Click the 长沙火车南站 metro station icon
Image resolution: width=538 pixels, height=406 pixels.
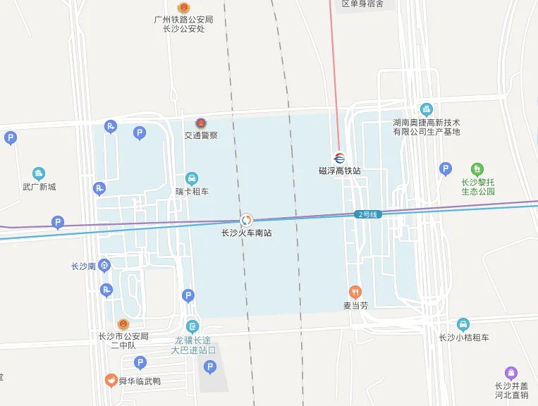pyautogui.click(x=246, y=220)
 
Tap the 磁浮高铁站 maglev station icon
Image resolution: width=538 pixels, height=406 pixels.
pyautogui.click(x=339, y=158)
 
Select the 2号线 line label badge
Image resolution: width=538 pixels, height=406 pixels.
pyautogui.click(x=367, y=214)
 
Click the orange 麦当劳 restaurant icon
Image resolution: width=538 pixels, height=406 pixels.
pyautogui.click(x=355, y=292)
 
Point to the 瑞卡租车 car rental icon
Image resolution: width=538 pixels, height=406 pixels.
pyautogui.click(x=192, y=178)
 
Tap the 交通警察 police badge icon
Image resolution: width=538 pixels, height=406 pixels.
pyautogui.click(x=201, y=123)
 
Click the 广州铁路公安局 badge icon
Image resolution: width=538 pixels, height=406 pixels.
pyautogui.click(x=183, y=8)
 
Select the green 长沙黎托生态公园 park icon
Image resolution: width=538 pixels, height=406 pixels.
pyautogui.click(x=477, y=169)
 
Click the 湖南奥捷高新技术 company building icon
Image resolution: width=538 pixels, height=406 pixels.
pyautogui.click(x=426, y=109)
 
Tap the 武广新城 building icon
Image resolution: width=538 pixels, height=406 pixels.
pyautogui.click(x=38, y=173)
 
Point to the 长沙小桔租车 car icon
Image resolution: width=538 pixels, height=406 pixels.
pyautogui.click(x=463, y=324)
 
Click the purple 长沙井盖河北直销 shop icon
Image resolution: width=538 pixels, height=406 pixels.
pyautogui.click(x=511, y=373)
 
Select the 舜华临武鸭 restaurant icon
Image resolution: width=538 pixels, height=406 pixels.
pyautogui.click(x=111, y=381)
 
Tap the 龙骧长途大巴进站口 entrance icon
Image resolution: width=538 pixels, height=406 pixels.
pyautogui.click(x=192, y=326)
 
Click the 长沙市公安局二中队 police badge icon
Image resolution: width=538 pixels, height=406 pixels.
pyautogui.click(x=123, y=324)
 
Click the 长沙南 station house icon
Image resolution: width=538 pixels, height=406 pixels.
pyautogui.click(x=104, y=266)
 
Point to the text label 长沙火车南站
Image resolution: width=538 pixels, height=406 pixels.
pyautogui.click(x=246, y=233)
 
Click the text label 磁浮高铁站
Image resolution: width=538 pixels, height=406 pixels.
pyautogui.click(x=339, y=171)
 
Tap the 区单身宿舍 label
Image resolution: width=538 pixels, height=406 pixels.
pyautogui.click(x=362, y=4)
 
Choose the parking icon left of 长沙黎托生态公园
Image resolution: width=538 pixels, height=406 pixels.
pyautogui.click(x=445, y=168)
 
